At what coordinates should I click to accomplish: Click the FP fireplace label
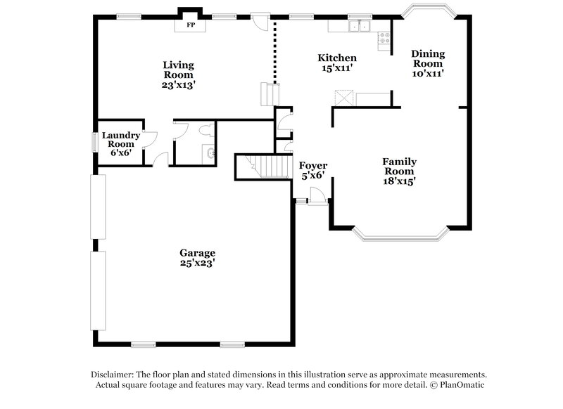pyautogui.click(x=190, y=25)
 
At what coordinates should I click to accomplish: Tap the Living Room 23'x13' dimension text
pyautogui.click(x=178, y=84)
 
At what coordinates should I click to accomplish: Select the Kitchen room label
pyautogui.click(x=336, y=58)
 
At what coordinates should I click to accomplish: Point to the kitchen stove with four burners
pyautogui.click(x=384, y=39)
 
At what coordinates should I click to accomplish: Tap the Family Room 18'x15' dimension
pyautogui.click(x=399, y=181)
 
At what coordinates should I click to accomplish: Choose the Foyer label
pyautogui.click(x=313, y=166)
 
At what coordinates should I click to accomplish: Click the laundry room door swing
pyautogui.click(x=149, y=138)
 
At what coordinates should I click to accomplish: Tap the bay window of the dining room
pyautogui.click(x=428, y=10)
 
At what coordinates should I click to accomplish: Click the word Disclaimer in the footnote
pyautogui.click(x=113, y=375)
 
